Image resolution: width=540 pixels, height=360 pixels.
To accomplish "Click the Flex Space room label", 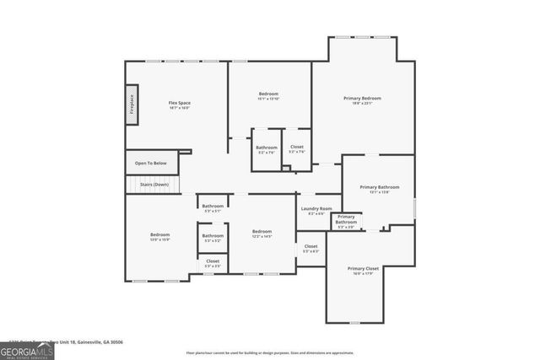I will click(x=179, y=103).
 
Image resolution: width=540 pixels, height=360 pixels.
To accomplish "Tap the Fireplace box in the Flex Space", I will click(x=132, y=105).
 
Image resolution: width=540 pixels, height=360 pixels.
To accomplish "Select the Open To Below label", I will click(x=151, y=163).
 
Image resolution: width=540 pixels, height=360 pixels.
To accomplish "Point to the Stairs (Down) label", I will click(x=154, y=184).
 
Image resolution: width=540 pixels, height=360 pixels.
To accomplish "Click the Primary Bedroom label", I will click(x=362, y=99).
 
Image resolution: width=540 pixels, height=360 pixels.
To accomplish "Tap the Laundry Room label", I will click(x=316, y=208).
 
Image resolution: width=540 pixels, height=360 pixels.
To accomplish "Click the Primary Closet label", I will click(x=364, y=268).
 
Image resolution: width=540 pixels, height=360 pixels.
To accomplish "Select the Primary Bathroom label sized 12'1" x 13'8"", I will click(x=379, y=187).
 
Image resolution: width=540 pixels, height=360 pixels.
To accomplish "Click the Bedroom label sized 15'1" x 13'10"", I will click(x=268, y=94).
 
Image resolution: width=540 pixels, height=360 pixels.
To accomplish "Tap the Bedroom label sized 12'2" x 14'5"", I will click(x=262, y=231).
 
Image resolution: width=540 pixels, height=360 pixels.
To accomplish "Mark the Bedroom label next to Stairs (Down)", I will click(x=160, y=234).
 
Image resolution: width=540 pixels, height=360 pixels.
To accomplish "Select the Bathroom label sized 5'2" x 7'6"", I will click(x=267, y=148).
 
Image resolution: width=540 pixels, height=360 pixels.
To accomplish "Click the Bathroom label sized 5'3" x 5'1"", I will click(x=213, y=207).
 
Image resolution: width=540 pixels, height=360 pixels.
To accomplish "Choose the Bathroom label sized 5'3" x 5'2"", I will click(x=213, y=236).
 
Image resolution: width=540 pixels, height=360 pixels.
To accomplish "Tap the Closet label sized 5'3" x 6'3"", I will click(x=311, y=246).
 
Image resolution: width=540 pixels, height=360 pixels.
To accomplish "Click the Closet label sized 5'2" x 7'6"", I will click(x=297, y=148).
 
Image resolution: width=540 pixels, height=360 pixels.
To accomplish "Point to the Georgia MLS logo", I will click(x=27, y=348).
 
